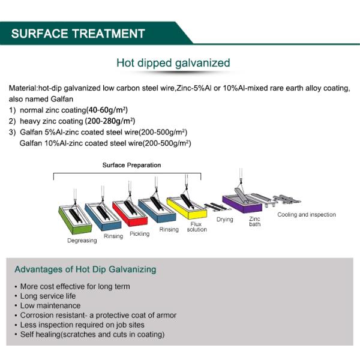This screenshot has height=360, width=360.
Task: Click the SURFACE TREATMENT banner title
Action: coord(78,33)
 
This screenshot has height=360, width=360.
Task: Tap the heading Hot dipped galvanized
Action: coord(173,62)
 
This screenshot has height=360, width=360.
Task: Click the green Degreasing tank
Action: coord(76,218)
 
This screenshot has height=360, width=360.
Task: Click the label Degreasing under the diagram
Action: coord(81,241)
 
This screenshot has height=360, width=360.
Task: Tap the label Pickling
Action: coord(139,233)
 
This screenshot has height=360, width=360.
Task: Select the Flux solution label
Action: coord(197,227)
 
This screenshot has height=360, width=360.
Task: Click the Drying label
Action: coord(225,219)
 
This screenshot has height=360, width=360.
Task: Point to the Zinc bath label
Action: coord(255,222)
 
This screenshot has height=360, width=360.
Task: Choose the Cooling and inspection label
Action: coord(306,214)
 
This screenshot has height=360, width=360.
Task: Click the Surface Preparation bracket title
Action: coord(131,165)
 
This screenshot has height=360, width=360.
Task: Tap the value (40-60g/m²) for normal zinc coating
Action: coord(107,110)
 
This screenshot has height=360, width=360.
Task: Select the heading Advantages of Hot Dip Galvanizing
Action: coord(85,269)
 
